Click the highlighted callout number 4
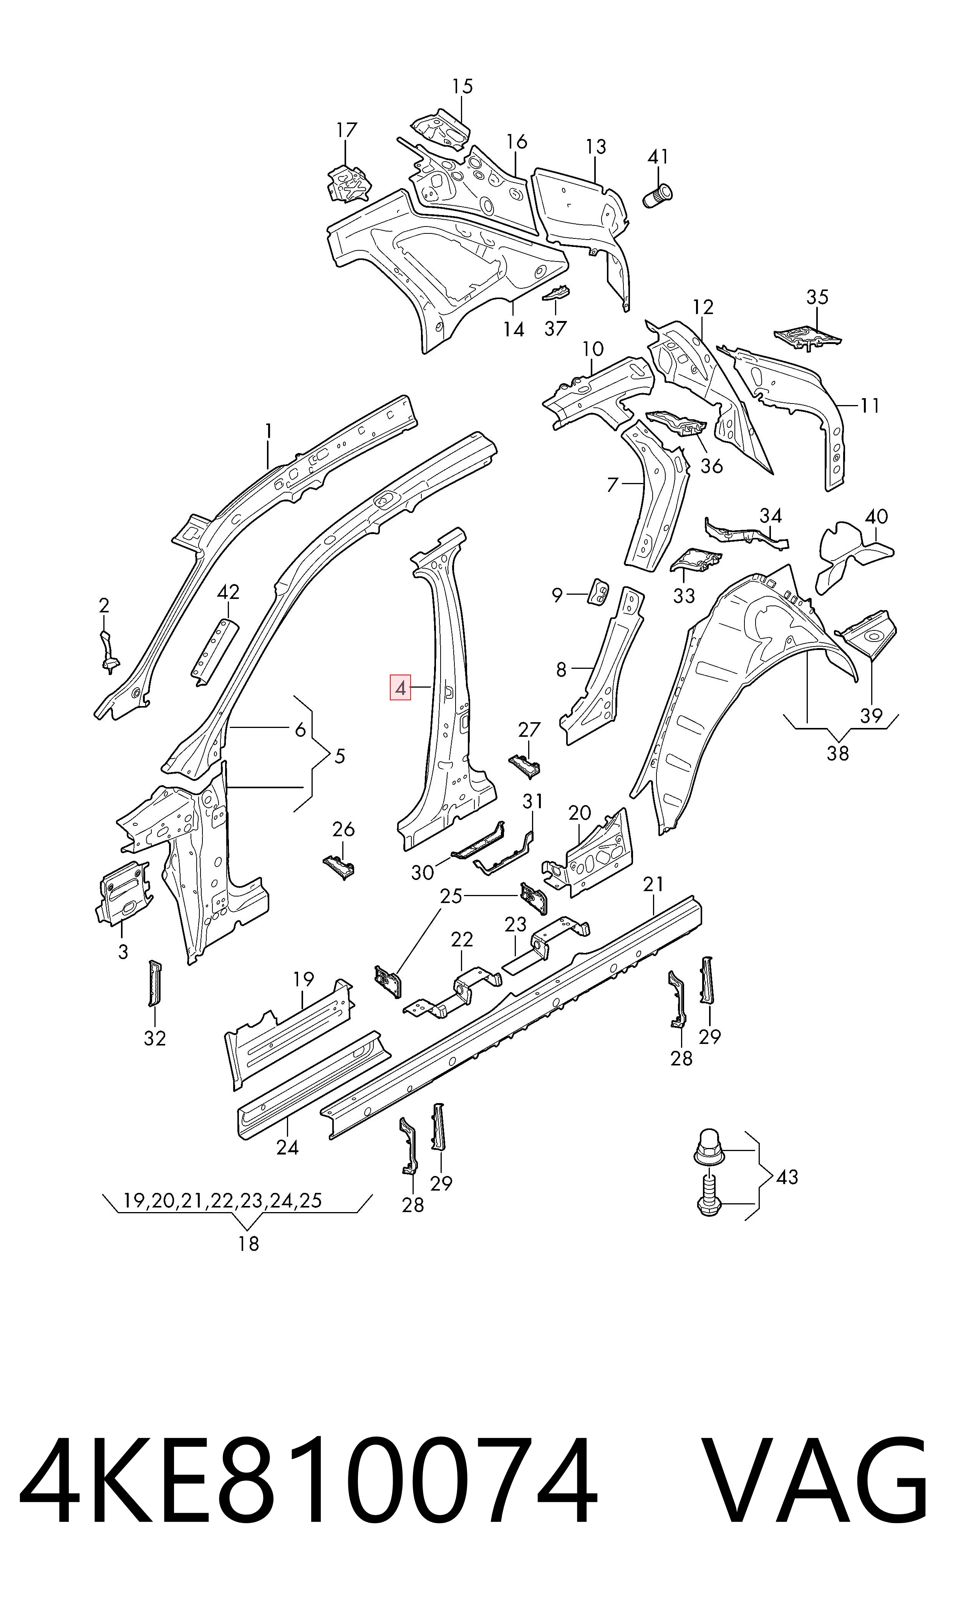(401, 689)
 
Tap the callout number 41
(658, 157)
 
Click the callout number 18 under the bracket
(249, 1244)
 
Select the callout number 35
(817, 297)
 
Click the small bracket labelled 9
(598, 591)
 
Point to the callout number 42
(229, 592)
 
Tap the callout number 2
(104, 605)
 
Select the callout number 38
(837, 753)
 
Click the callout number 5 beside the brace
(340, 756)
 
